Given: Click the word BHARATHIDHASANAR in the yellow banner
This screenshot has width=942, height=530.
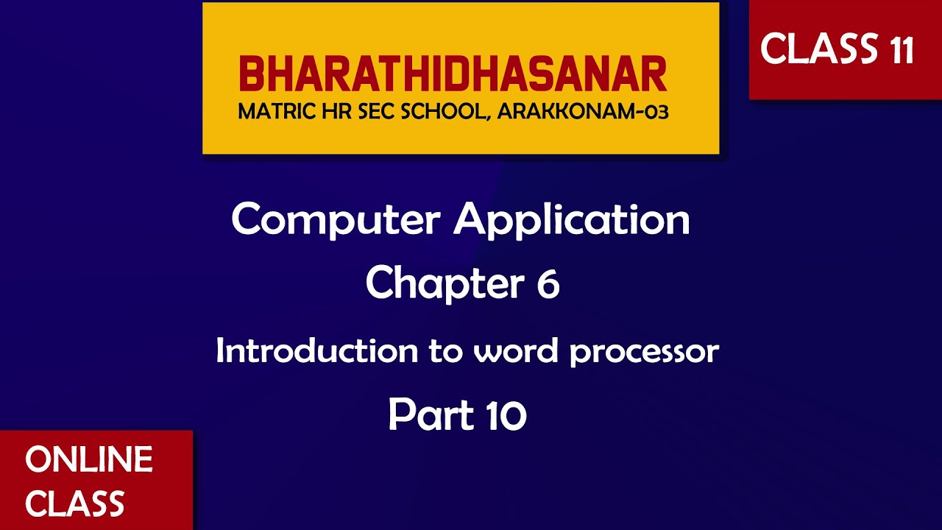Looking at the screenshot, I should [453, 75].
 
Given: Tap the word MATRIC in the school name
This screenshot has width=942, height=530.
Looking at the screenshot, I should [272, 113].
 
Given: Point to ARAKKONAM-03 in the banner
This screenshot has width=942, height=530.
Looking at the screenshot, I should [582, 113].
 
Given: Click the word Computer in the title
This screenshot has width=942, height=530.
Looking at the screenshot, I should [336, 219].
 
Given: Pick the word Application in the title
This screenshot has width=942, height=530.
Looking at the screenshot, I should [572, 219].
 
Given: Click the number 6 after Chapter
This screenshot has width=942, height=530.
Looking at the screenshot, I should [548, 284].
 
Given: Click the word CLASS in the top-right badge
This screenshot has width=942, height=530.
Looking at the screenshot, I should [813, 49].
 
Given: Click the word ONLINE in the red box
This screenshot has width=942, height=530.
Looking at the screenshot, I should [89, 460].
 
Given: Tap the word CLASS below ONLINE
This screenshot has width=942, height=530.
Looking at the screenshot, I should [74, 504].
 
